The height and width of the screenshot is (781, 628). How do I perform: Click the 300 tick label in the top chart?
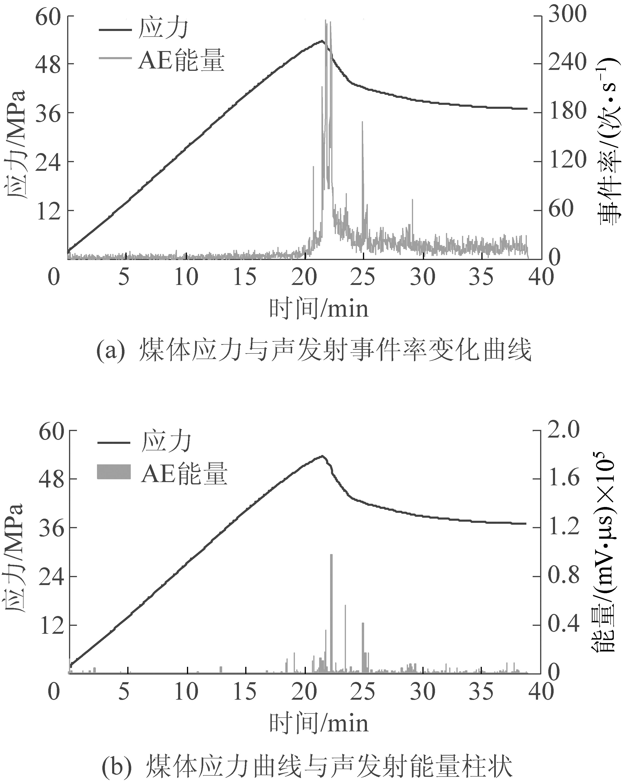coord(567,15)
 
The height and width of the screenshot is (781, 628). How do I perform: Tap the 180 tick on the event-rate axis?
coord(567,112)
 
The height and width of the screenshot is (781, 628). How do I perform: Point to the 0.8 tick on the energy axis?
coord(563,576)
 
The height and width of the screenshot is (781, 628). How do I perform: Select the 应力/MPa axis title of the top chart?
coord(16,145)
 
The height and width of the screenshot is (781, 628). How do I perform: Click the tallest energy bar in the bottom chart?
coord(331,594)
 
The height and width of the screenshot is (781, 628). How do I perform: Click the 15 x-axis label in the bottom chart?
coord(245,692)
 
